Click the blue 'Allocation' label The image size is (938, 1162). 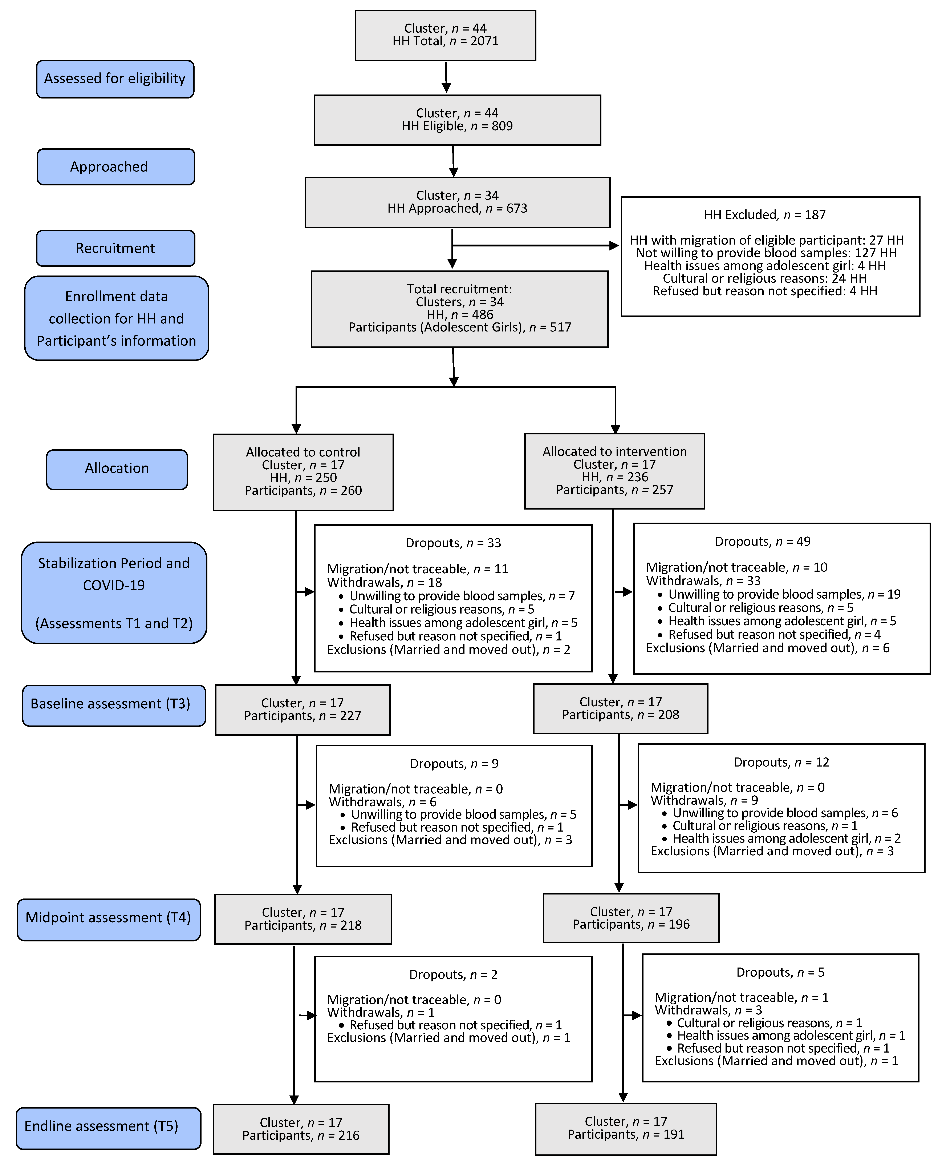(x=117, y=469)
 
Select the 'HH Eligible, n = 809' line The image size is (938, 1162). (x=457, y=126)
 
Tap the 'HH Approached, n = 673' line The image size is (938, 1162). (x=457, y=209)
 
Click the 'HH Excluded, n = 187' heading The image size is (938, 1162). (x=764, y=215)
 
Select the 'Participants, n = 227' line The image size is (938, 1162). (x=302, y=716)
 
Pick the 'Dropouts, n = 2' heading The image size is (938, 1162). (x=453, y=975)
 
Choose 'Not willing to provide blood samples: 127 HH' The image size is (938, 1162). (x=766, y=253)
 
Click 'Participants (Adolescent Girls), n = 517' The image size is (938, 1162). (x=459, y=327)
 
